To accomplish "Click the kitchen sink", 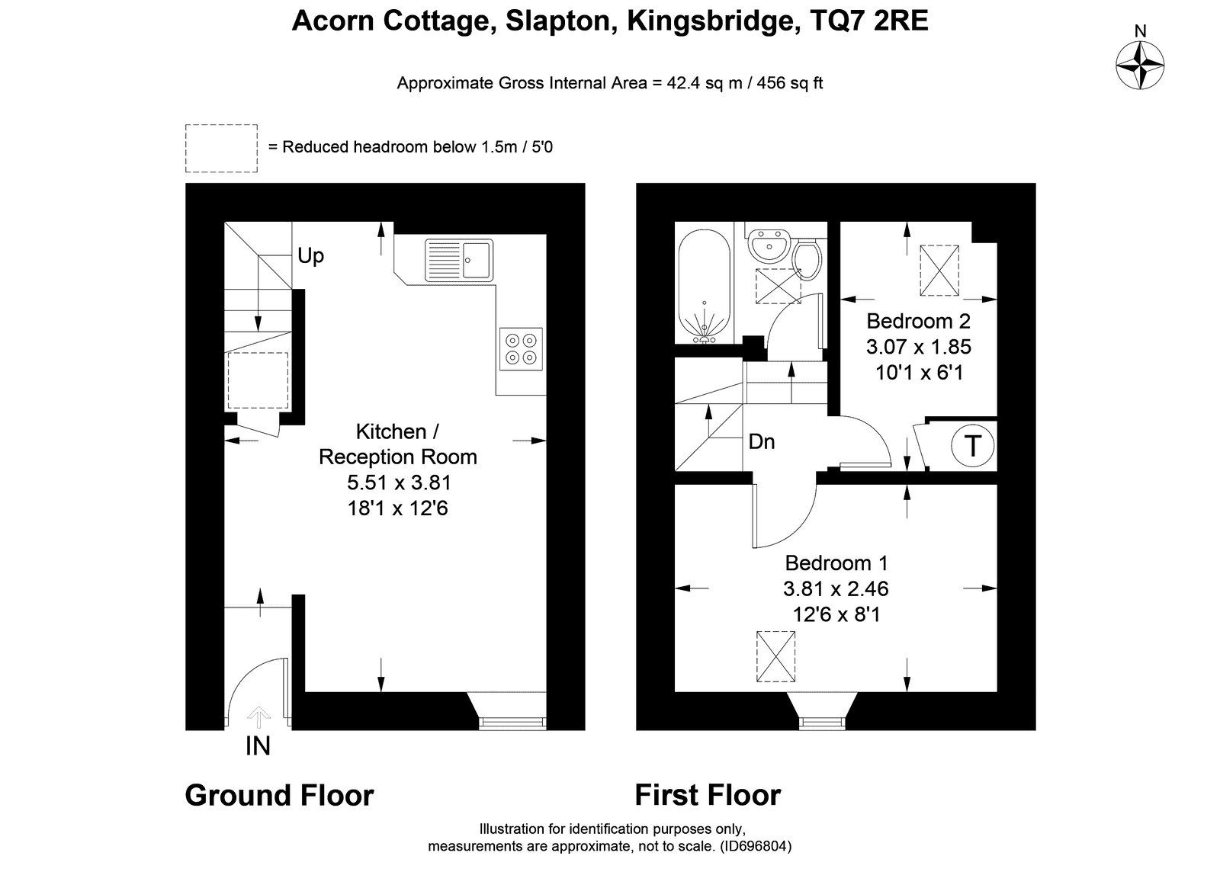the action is click(x=459, y=260).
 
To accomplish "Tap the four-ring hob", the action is click(x=522, y=349).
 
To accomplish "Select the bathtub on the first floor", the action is click(x=705, y=287).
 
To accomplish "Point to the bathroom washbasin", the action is click(x=769, y=246).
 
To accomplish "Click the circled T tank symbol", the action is click(x=973, y=445).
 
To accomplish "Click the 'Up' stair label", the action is click(x=310, y=256).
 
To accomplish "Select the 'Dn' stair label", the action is click(x=762, y=441).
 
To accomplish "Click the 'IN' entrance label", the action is click(x=258, y=746).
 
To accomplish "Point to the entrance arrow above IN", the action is click(x=258, y=716).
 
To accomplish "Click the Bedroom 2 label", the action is click(x=918, y=321).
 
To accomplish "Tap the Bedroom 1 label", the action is click(x=836, y=563).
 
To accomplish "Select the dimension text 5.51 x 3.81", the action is click(x=399, y=482).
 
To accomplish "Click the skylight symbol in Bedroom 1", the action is click(x=775, y=656).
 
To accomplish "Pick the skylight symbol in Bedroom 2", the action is click(x=939, y=271).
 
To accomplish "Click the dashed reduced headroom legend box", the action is click(x=221, y=149).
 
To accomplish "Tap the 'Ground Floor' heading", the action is click(x=279, y=795).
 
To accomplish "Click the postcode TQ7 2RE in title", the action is click(x=868, y=21).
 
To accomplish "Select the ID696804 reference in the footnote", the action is click(x=754, y=846).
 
